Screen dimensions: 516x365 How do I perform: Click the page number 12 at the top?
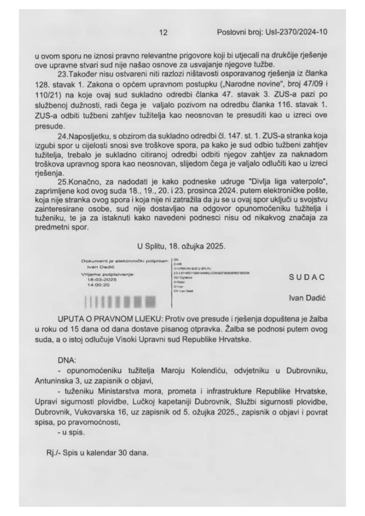click(163, 32)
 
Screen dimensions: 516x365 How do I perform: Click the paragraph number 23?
click(62, 74)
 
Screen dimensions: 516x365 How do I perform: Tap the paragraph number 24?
click(62, 136)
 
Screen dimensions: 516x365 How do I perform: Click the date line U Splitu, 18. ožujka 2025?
click(181, 246)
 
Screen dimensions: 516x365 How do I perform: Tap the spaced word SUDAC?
click(307, 277)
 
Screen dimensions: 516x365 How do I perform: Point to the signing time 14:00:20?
click(98, 285)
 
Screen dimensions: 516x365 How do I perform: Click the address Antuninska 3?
click(54, 381)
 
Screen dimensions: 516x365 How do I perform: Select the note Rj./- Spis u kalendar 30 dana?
click(96, 453)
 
